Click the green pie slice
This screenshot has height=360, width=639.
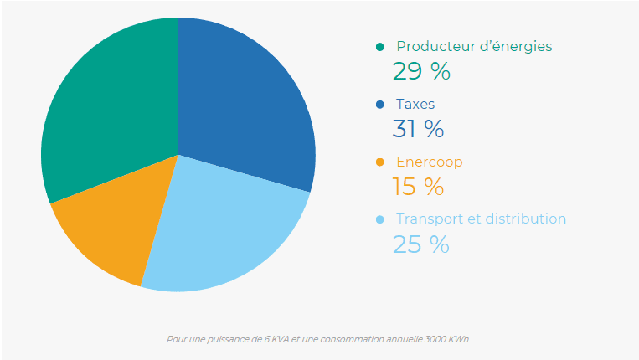[x=109, y=109]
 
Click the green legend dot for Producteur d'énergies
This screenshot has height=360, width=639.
[x=380, y=47]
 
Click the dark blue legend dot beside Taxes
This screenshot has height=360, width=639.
[x=380, y=105]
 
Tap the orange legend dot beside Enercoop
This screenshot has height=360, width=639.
[x=380, y=162]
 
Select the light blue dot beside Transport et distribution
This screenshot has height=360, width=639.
[x=380, y=219]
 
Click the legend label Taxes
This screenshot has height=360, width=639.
[x=415, y=105]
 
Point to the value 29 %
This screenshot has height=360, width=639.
[x=421, y=72]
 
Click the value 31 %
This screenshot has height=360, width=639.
[x=418, y=129]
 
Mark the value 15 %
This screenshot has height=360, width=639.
[x=418, y=187]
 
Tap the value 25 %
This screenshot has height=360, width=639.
[x=421, y=244]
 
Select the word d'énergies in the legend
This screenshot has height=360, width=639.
[x=514, y=47]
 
